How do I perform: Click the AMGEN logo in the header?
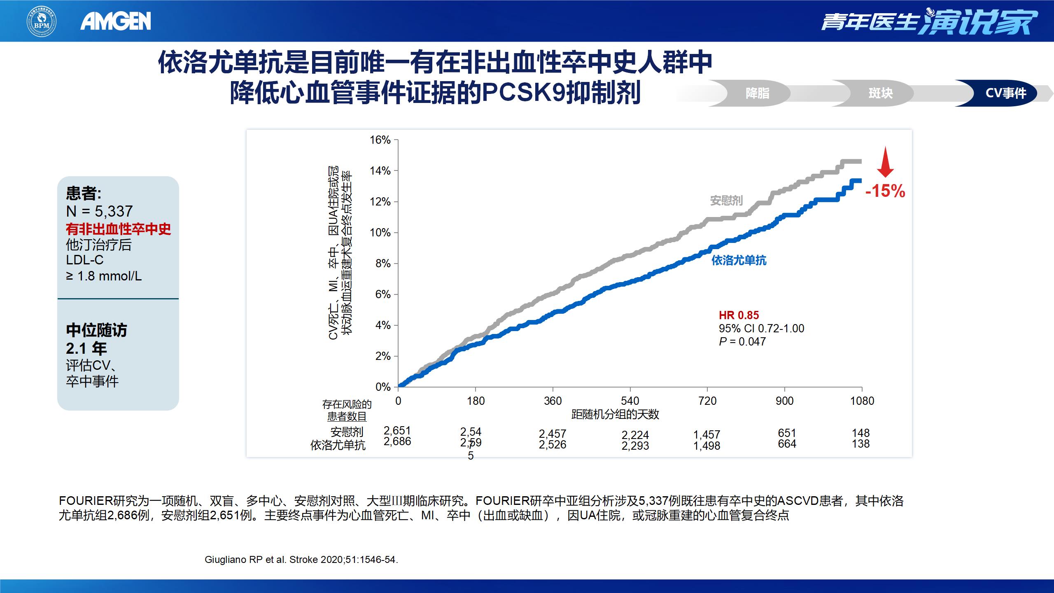116,21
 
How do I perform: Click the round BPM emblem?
42,21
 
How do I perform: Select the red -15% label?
885,191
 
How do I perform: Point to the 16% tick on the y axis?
380,140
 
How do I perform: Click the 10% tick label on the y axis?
380,233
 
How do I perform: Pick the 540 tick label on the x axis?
630,401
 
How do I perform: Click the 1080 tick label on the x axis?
862,401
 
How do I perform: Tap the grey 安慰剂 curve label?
727,201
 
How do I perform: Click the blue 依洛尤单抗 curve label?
739,260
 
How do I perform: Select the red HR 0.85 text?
739,315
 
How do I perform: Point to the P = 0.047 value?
742,341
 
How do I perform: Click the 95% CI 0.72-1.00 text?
761,328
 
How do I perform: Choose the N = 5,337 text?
99,211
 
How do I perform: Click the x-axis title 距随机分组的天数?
615,414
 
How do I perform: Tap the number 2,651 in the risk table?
397,430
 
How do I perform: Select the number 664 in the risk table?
787,444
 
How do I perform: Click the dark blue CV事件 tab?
1005,93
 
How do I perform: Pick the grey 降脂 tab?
757,93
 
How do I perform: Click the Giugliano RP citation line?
301,560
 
